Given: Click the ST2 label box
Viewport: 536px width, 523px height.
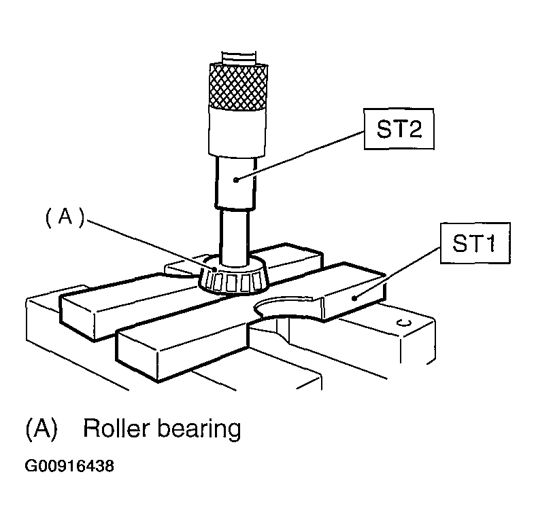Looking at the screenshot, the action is [399, 129].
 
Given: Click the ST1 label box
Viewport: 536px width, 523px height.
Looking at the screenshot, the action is [475, 243].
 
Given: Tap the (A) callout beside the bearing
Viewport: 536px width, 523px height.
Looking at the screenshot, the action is [65, 217].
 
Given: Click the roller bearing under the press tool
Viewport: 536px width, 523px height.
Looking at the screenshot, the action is [234, 277].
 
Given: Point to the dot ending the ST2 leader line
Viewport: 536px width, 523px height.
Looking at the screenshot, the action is [236, 179].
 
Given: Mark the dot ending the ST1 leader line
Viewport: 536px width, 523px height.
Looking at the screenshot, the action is [354, 298].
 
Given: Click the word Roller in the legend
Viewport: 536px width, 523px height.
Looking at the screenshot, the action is [117, 429].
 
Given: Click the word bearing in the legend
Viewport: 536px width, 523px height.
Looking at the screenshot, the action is [199, 430].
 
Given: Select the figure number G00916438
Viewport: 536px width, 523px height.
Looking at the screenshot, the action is [69, 467].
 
